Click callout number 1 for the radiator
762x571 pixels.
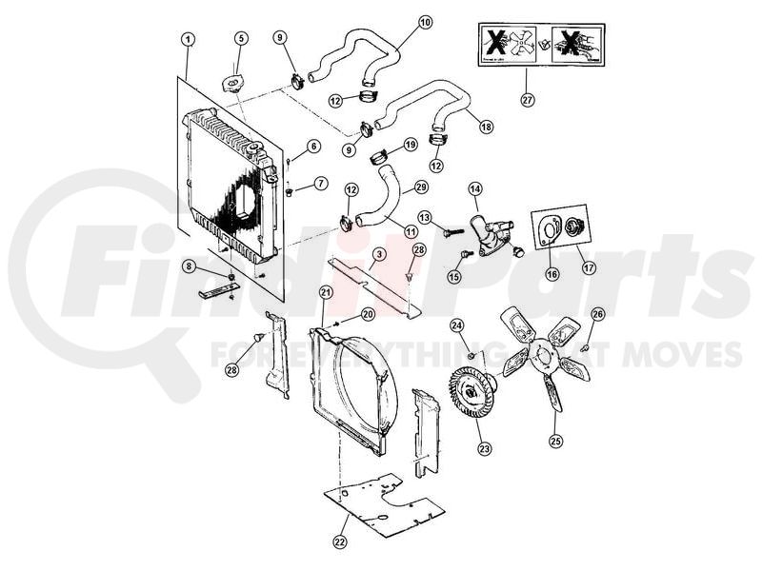coord(189,38)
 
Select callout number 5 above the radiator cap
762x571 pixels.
coord(241,38)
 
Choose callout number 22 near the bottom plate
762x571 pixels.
coord(340,542)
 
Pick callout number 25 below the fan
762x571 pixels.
coord(556,441)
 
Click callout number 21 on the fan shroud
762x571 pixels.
coord(326,291)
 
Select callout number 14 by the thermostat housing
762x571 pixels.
coord(473,190)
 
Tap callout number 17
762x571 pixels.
coord(588,268)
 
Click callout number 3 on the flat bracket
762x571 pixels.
coord(378,254)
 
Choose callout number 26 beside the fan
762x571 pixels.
coord(597,313)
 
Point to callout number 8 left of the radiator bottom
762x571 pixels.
coord(189,266)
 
